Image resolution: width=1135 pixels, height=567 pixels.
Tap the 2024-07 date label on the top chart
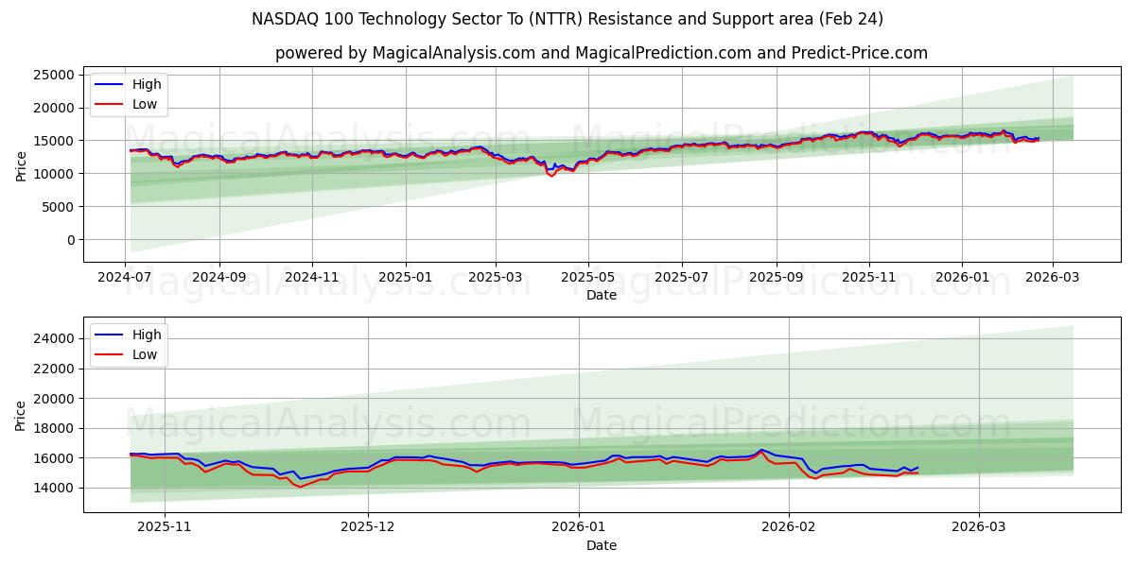[126, 278]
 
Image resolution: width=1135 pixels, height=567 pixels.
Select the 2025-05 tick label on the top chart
[588, 278]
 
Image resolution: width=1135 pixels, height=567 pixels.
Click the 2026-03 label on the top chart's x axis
[1052, 278]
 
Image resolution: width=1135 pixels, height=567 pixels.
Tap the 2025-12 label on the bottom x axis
[368, 526]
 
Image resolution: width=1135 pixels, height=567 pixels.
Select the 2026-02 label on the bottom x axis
[788, 526]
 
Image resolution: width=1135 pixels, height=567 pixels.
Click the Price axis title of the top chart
[22, 165]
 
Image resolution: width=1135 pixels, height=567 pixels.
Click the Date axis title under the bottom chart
[602, 545]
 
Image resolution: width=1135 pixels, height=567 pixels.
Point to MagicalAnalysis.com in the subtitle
[453, 53]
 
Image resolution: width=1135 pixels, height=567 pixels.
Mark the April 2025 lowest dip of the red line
[551, 176]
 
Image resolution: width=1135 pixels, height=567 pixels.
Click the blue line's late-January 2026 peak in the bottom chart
[760, 450]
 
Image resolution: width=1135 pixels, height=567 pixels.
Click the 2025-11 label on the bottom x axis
[165, 526]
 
